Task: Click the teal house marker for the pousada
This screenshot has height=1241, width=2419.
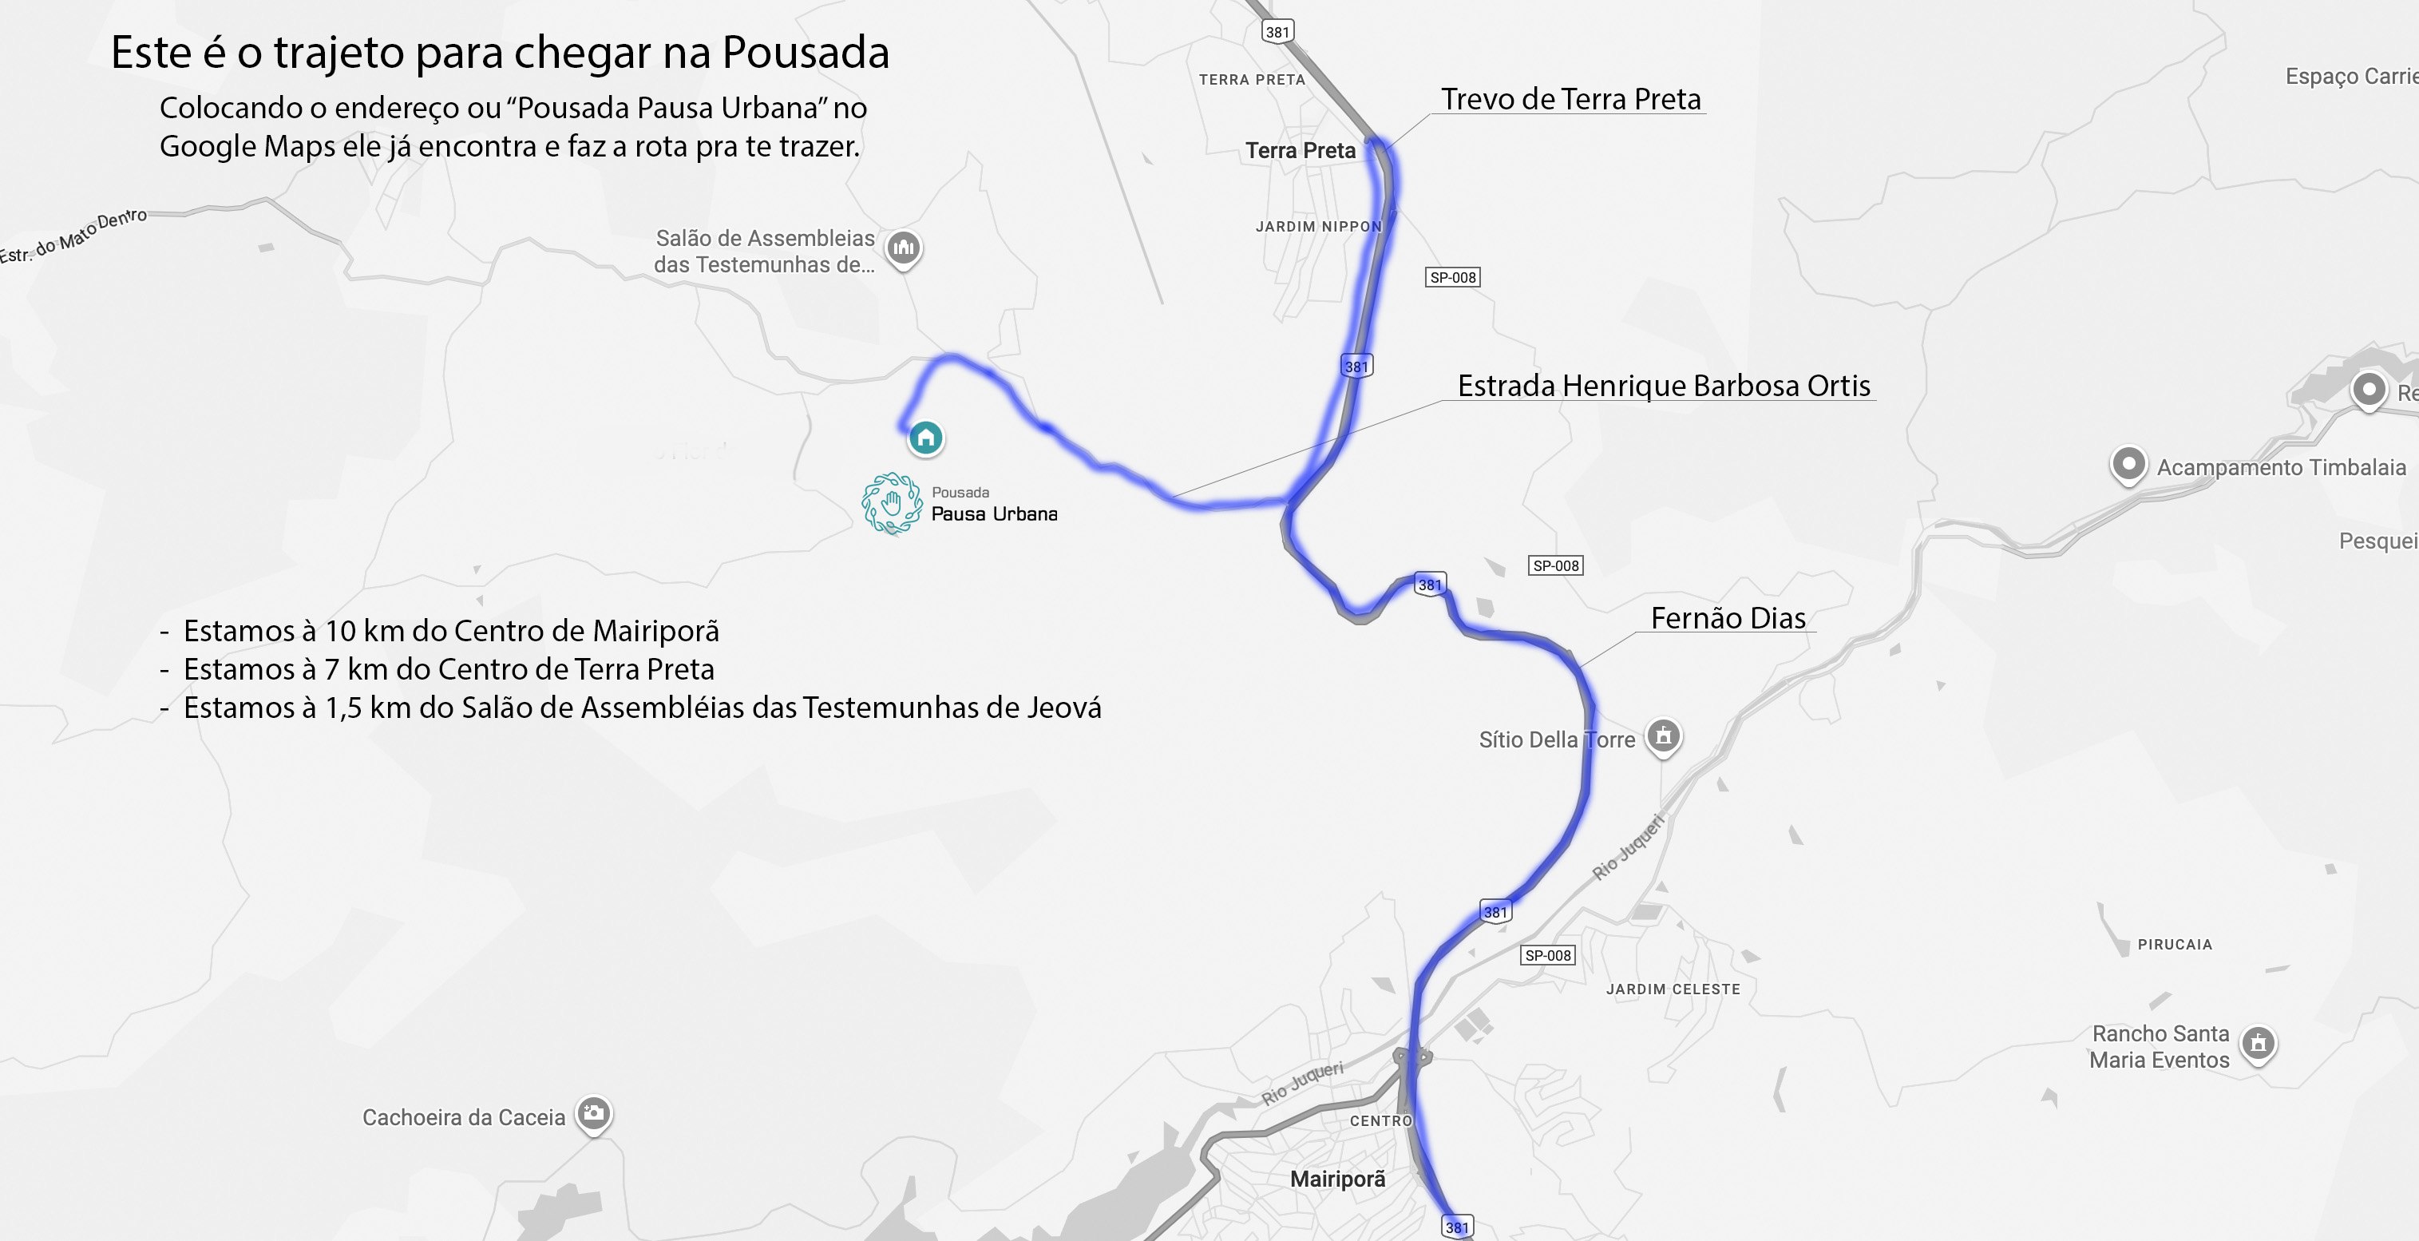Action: (x=926, y=438)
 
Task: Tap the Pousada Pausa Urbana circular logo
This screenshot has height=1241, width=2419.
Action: (x=892, y=504)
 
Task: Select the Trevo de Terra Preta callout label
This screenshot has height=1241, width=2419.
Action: (x=1570, y=100)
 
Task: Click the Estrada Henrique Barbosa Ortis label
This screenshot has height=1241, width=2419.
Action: (x=1663, y=386)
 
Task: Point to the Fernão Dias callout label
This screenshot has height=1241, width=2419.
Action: (x=1728, y=618)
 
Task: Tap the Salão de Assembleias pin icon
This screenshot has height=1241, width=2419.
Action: (x=905, y=249)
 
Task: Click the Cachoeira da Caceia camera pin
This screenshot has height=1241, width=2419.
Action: (x=593, y=1114)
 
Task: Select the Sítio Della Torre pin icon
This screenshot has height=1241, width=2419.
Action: (x=1663, y=735)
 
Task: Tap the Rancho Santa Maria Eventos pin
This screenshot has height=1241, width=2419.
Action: (x=2259, y=1044)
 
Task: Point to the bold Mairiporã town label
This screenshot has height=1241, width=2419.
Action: (x=1337, y=1179)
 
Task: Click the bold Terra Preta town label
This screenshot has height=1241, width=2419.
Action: (x=1301, y=150)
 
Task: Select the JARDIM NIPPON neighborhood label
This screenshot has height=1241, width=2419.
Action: (x=1318, y=227)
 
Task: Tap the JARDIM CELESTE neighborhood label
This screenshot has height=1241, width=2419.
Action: (x=1673, y=989)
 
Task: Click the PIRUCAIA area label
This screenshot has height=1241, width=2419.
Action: (x=2175, y=944)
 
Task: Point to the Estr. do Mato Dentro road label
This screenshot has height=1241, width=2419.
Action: (x=73, y=236)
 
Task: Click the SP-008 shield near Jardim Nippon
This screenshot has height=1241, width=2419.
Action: (x=1453, y=277)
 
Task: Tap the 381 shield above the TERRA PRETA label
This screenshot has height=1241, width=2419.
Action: (x=1277, y=32)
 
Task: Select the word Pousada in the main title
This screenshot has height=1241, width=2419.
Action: (x=806, y=53)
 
